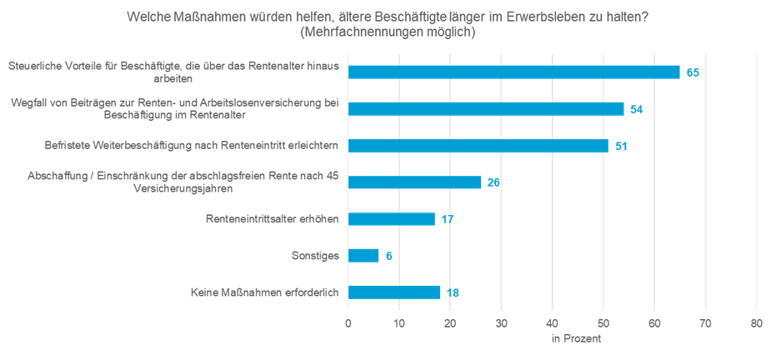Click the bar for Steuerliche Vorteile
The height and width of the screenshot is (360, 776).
click(x=513, y=72)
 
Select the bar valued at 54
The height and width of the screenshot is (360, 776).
click(x=486, y=109)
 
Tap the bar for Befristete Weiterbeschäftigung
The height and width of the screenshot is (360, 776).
click(x=478, y=146)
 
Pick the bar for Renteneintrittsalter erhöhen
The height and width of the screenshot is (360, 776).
click(x=391, y=219)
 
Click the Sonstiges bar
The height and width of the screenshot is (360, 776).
click(x=363, y=256)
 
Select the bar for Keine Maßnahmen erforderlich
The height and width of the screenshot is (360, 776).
click(x=394, y=292)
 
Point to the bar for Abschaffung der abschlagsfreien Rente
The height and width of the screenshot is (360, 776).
click(x=414, y=182)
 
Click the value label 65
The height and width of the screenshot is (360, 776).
click(x=692, y=72)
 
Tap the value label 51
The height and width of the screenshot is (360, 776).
click(x=620, y=146)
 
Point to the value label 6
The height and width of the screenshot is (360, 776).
click(x=388, y=256)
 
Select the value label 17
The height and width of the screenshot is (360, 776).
click(x=447, y=219)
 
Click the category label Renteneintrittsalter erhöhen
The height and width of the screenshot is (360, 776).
click(x=272, y=219)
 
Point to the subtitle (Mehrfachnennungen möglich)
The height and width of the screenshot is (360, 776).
click(x=388, y=32)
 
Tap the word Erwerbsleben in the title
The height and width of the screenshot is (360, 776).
click(x=540, y=16)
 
